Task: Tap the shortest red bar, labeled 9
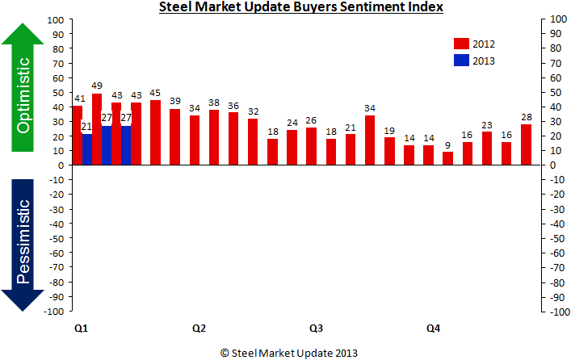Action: [448, 158]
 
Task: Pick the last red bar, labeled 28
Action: [527, 144]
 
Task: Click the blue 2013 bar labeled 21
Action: [87, 149]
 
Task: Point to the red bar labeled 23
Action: [487, 149]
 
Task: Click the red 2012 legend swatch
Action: [461, 44]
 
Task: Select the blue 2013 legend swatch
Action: [461, 60]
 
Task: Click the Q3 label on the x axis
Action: [317, 329]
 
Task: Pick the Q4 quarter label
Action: [434, 329]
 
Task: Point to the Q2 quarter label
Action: [199, 329]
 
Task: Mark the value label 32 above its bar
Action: [254, 111]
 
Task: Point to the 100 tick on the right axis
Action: [556, 19]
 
